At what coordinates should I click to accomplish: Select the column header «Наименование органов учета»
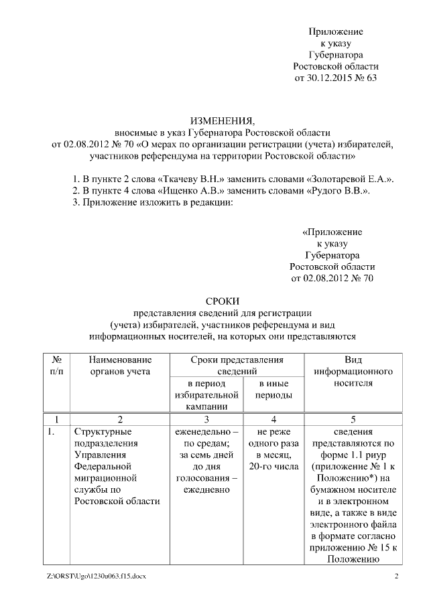[119, 366]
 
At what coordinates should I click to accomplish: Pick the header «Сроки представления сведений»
[237, 366]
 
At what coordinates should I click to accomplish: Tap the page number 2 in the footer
[395, 577]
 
